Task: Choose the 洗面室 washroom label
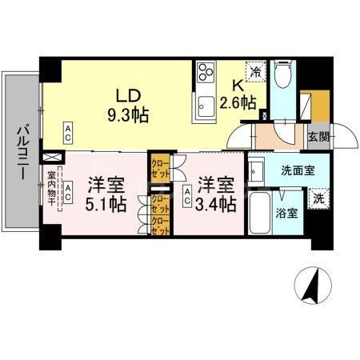[x=297, y=169]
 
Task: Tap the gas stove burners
[x=204, y=72]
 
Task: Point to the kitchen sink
[x=205, y=102]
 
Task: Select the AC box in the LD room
[x=69, y=130]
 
